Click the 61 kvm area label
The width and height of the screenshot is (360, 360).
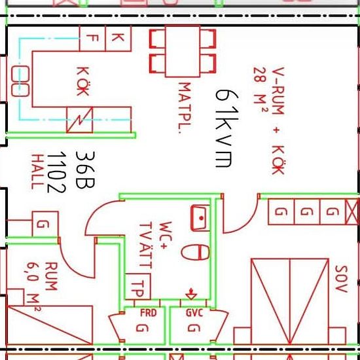tap(227, 128)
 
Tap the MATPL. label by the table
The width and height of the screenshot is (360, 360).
tap(185, 108)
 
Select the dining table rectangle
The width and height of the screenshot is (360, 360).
tap(183, 52)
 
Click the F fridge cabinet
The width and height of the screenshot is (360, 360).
tap(92, 39)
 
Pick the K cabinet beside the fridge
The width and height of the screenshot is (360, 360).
tap(118, 39)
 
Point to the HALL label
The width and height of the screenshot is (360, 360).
tap(37, 171)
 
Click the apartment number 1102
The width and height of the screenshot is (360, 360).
tap(56, 172)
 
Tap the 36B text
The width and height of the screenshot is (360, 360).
tap(85, 170)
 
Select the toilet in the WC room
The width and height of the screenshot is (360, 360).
tap(196, 252)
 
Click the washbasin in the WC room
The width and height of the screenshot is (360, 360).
tap(200, 218)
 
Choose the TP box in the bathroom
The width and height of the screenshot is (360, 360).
tap(137, 286)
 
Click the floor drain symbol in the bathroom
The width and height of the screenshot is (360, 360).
tap(191, 294)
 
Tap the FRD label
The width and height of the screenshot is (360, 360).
tap(149, 313)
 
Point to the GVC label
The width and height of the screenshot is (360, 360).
tap(194, 313)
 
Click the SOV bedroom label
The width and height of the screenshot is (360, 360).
tap(341, 279)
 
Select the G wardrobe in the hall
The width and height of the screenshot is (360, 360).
tap(45, 224)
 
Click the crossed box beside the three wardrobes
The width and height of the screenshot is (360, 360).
tap(351, 211)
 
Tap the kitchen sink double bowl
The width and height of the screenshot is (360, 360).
tap(20, 81)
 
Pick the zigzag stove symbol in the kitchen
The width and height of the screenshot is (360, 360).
tap(80, 120)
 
